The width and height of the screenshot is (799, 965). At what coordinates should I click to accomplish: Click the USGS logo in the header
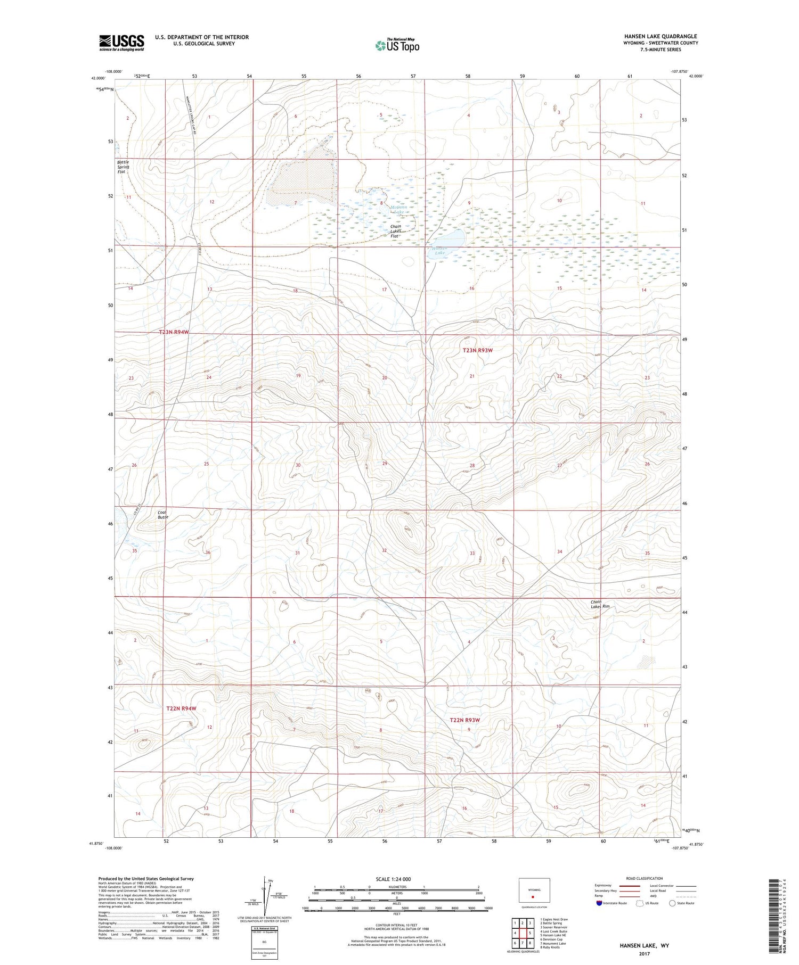pos(121,43)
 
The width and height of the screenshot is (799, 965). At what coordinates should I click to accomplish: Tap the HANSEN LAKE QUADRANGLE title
pos(661,36)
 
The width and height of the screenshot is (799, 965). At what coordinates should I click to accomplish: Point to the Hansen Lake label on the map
pos(439,251)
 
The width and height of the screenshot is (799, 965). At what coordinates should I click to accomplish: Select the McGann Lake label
pos(398,209)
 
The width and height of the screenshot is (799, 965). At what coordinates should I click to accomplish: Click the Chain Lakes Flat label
pos(396,231)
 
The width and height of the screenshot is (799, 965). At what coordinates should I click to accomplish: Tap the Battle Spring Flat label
pos(123,167)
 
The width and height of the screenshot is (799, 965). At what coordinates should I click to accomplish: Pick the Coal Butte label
pos(162,515)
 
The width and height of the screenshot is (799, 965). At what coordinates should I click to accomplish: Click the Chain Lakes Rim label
pos(600,604)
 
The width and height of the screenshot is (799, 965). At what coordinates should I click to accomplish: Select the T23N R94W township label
pos(174,332)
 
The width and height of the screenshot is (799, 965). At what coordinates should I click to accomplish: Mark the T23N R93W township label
pos(477,350)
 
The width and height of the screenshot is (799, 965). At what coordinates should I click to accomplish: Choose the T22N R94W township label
pos(181,708)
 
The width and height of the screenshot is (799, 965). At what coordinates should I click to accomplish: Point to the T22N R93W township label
pos(464,720)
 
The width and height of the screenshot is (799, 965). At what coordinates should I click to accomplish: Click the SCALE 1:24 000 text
pos(394,879)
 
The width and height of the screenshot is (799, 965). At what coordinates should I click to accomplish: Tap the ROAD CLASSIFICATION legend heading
pos(645,878)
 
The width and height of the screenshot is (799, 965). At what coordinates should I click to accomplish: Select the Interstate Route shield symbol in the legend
pos(599,903)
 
